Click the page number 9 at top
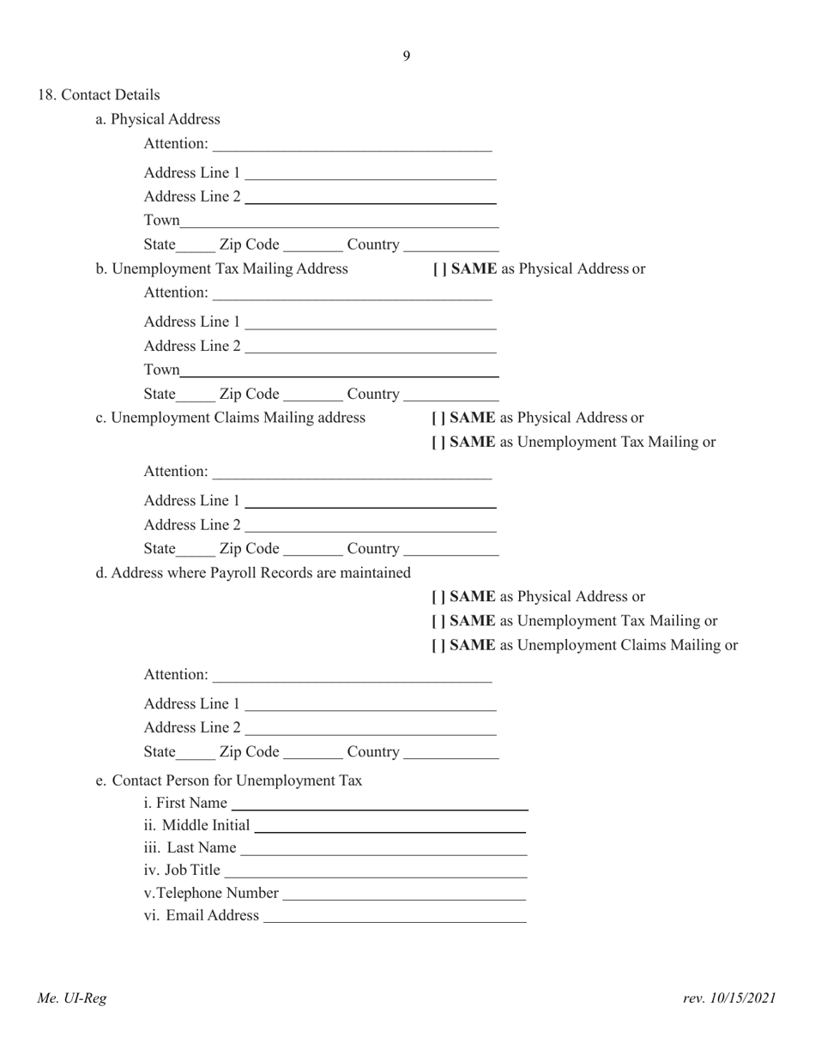point(406,57)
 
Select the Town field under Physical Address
point(339,220)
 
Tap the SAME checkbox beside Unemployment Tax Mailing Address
point(438,269)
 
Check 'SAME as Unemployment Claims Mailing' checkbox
point(438,645)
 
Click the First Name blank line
point(379,803)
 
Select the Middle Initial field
point(389,825)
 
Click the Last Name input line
point(383,847)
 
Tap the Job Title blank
point(375,871)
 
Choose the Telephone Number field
point(403,893)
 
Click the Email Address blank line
point(395,915)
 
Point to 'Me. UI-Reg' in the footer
point(72,998)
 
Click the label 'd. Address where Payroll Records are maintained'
point(253,572)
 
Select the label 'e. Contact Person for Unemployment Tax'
point(229,781)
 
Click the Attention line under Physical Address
point(352,143)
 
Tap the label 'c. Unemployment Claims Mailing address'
point(231,418)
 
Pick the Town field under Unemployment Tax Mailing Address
point(339,371)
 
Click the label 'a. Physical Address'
point(158,119)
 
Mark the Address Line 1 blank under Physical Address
point(371,172)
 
